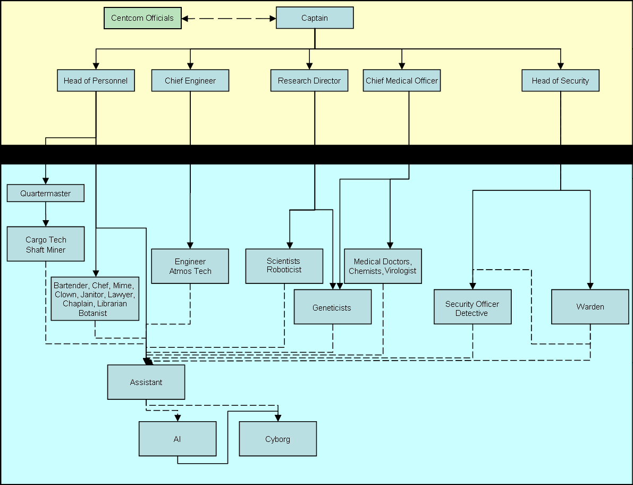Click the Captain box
pos(315,18)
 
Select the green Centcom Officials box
pos(142,18)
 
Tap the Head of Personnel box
pos(96,80)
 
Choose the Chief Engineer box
pos(190,80)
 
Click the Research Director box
pos(309,80)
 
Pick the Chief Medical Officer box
pos(402,80)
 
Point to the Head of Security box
pos(560,80)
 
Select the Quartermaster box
pos(46,193)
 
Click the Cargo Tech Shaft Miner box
pos(46,244)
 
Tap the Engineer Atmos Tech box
pos(190,266)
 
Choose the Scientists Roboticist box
pos(284,266)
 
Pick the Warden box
pos(590,307)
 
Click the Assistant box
pos(146,382)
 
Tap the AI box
pos(178,439)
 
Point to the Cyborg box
pos(278,439)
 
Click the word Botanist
pos(93,313)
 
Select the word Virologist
pos(400,271)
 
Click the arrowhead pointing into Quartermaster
pos(46,181)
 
